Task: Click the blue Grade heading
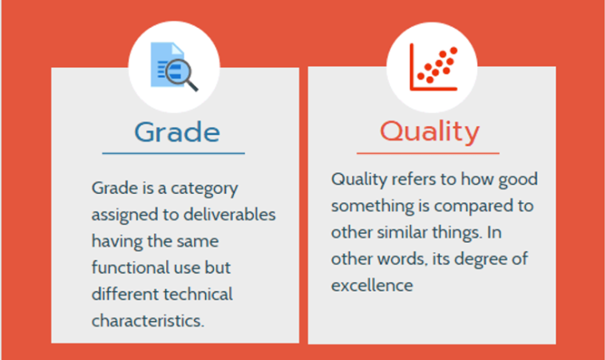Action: click(x=177, y=132)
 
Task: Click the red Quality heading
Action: click(x=430, y=132)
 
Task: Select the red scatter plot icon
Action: click(x=433, y=67)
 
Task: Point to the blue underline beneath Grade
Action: click(x=174, y=153)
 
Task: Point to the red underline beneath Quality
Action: click(x=428, y=153)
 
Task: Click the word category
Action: click(x=204, y=188)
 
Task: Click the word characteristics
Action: click(x=148, y=321)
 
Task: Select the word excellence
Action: click(x=372, y=286)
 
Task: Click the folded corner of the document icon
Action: click(x=177, y=48)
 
